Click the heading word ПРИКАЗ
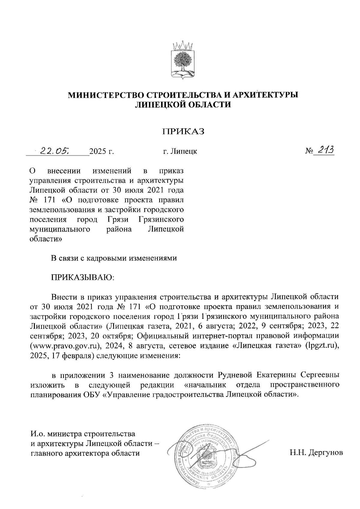[x=183, y=132]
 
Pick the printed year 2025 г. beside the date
[x=102, y=152]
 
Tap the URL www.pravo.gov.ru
[x=65, y=346]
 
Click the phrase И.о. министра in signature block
[x=56, y=434]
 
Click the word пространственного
[x=305, y=385]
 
